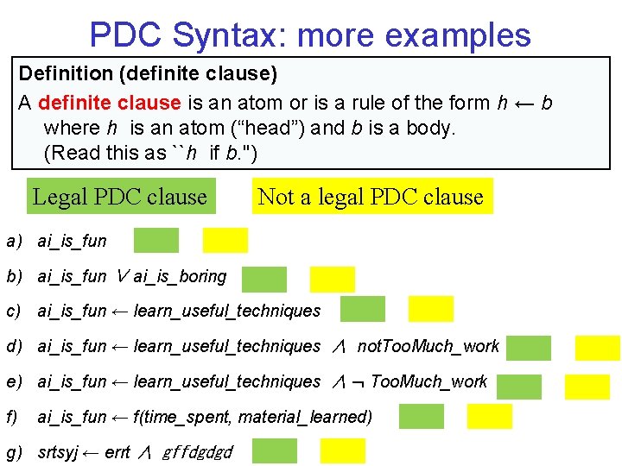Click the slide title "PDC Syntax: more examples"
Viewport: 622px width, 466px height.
pyautogui.click(x=310, y=35)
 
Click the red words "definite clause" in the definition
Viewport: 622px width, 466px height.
pyautogui.click(x=110, y=103)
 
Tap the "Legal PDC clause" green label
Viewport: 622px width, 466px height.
pyautogui.click(x=120, y=197)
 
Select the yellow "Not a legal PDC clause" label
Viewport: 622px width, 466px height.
pyautogui.click(x=371, y=197)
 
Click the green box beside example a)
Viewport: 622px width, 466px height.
pyautogui.click(x=156, y=240)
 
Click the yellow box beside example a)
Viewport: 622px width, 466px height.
pyautogui.click(x=225, y=240)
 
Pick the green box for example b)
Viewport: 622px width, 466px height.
pyautogui.click(x=264, y=279)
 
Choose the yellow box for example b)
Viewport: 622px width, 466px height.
pyautogui.click(x=333, y=279)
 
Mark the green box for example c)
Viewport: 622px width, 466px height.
pyautogui.click(x=363, y=308)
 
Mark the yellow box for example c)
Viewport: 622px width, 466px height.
pyautogui.click(x=431, y=308)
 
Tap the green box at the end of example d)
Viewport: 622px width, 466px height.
pyautogui.click(x=529, y=347)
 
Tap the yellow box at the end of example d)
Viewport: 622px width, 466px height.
pyautogui.click(x=598, y=347)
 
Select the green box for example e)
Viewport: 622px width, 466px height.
pyautogui.click(x=519, y=386)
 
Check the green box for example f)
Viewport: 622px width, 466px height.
pyautogui.click(x=422, y=416)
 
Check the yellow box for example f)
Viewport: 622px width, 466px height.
pyautogui.click(x=490, y=416)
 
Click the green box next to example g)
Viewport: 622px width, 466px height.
pyautogui.click(x=275, y=451)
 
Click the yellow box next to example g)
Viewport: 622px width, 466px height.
pyautogui.click(x=343, y=451)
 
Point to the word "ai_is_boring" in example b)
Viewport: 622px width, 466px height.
pyautogui.click(x=180, y=276)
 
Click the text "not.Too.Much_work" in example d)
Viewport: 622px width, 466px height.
pyautogui.click(x=428, y=346)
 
